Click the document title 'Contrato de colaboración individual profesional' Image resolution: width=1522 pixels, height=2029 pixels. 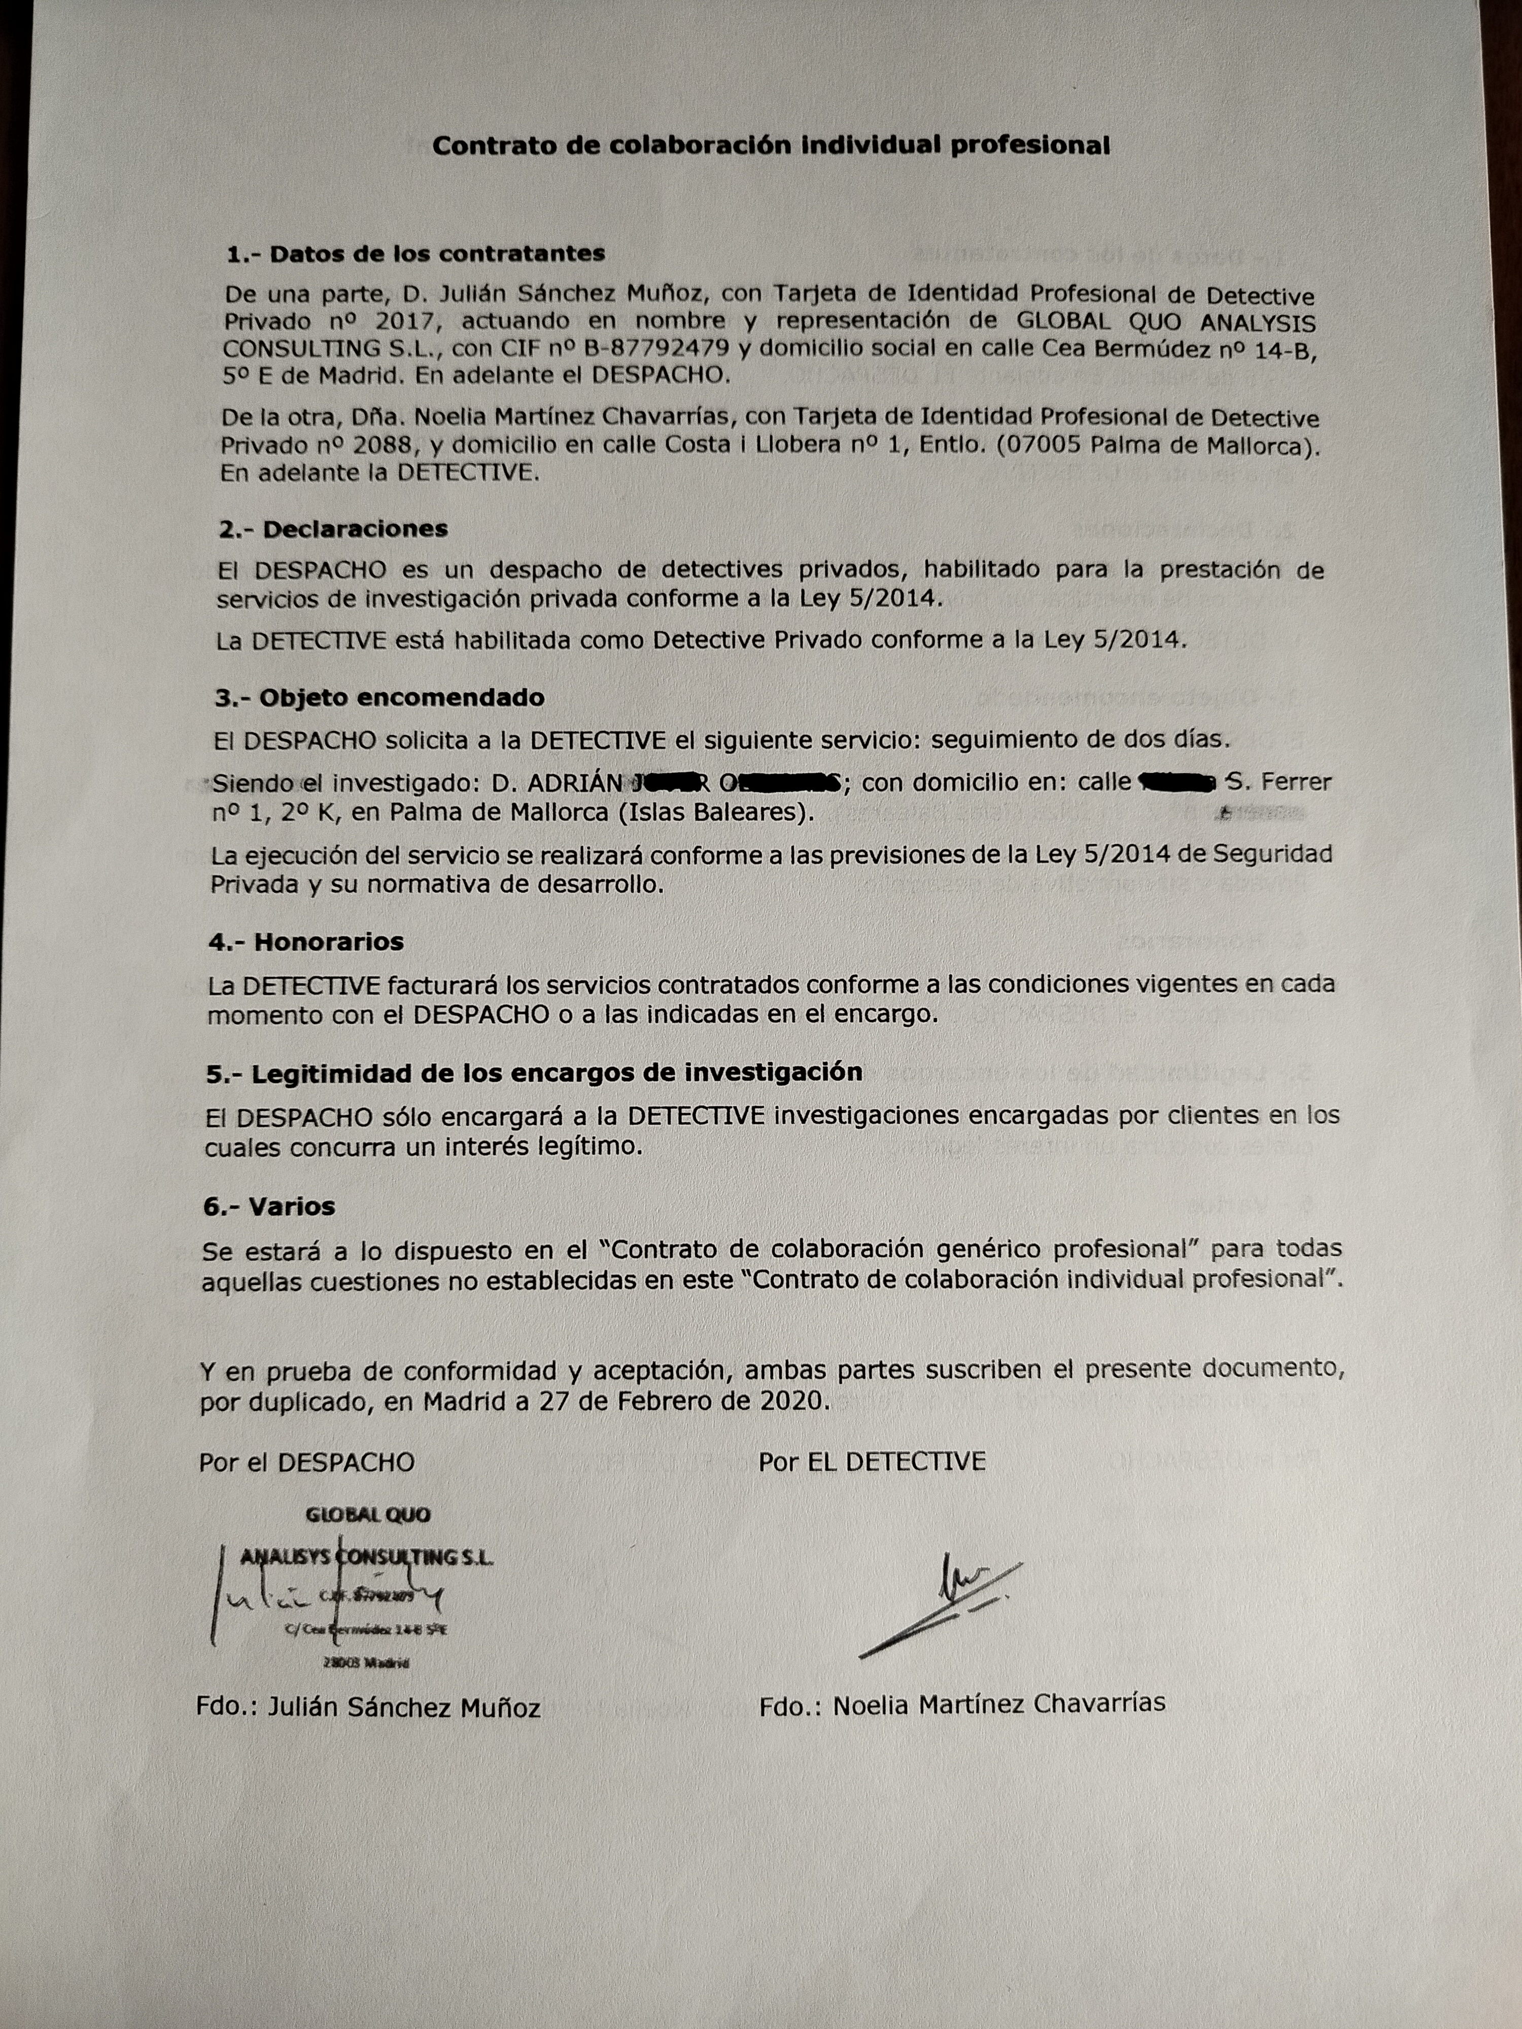click(771, 145)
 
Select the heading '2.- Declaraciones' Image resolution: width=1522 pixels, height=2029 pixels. click(333, 529)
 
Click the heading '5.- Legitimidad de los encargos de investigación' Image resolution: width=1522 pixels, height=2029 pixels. click(534, 1073)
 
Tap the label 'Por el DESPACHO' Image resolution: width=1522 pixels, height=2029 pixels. click(306, 1462)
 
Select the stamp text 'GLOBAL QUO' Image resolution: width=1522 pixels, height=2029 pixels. click(367, 1515)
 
